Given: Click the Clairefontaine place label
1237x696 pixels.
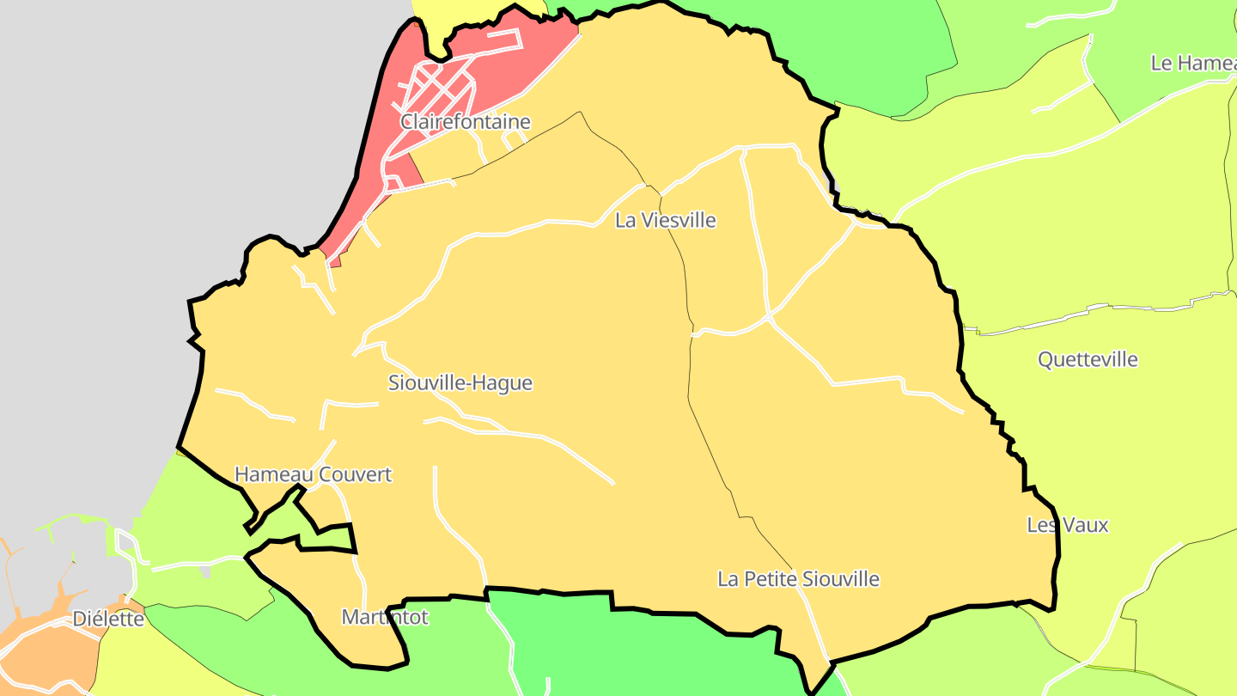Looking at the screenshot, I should pyautogui.click(x=465, y=122).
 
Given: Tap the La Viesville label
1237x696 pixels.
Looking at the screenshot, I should pyautogui.click(x=665, y=221).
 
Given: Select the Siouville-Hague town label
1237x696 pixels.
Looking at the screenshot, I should pyautogui.click(x=460, y=383).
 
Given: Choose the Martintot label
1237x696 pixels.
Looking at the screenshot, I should pyautogui.click(x=384, y=617).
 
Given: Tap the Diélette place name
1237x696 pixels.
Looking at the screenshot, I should pyautogui.click(x=108, y=619).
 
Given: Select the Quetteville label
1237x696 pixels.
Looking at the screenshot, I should pyautogui.click(x=1088, y=360).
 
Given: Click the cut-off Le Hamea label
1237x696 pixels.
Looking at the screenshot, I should pyautogui.click(x=1194, y=63).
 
